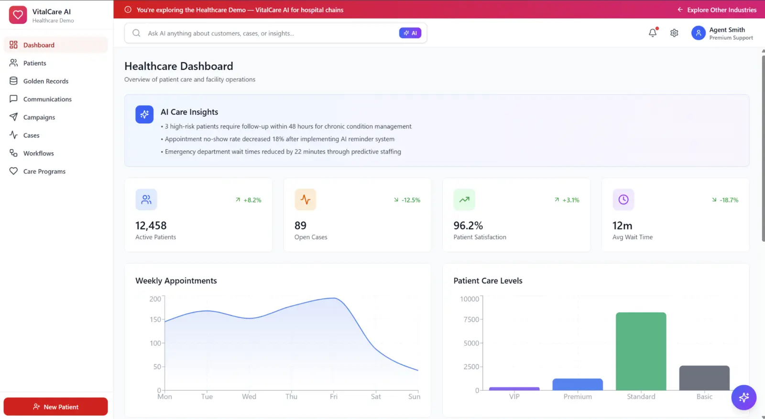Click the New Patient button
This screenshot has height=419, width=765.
(x=55, y=407)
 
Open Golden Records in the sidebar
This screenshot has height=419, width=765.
(x=46, y=81)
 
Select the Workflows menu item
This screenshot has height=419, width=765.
(x=39, y=153)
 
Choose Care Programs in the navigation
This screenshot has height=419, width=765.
(x=44, y=171)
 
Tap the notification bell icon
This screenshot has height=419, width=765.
(x=653, y=33)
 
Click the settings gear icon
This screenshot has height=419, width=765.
(x=674, y=33)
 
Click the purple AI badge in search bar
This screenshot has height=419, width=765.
(x=410, y=33)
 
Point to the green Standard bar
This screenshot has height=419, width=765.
(x=641, y=351)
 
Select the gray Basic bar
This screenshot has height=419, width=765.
(x=704, y=378)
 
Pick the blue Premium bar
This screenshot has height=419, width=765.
(x=578, y=385)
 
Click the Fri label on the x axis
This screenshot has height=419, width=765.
(x=334, y=396)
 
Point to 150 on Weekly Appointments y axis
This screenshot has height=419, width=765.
(x=155, y=319)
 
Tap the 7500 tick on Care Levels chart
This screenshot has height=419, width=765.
(x=471, y=319)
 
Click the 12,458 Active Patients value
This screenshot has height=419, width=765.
(x=151, y=226)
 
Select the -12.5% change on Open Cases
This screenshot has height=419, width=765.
(x=411, y=200)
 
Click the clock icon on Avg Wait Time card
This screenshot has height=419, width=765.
(x=623, y=199)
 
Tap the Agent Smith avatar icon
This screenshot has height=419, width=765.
(x=699, y=33)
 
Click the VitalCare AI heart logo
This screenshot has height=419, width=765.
(x=18, y=15)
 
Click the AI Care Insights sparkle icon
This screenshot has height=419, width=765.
(x=144, y=114)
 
